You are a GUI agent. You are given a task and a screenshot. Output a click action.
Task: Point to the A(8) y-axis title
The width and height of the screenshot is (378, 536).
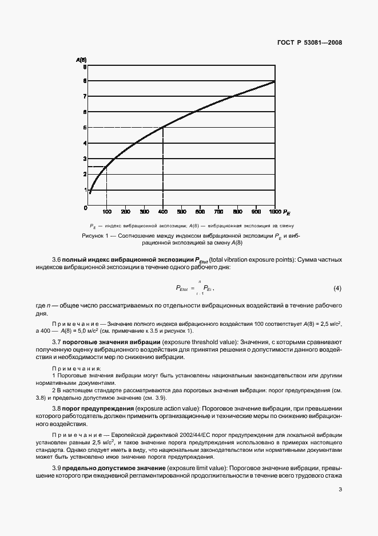[x=81, y=60]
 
